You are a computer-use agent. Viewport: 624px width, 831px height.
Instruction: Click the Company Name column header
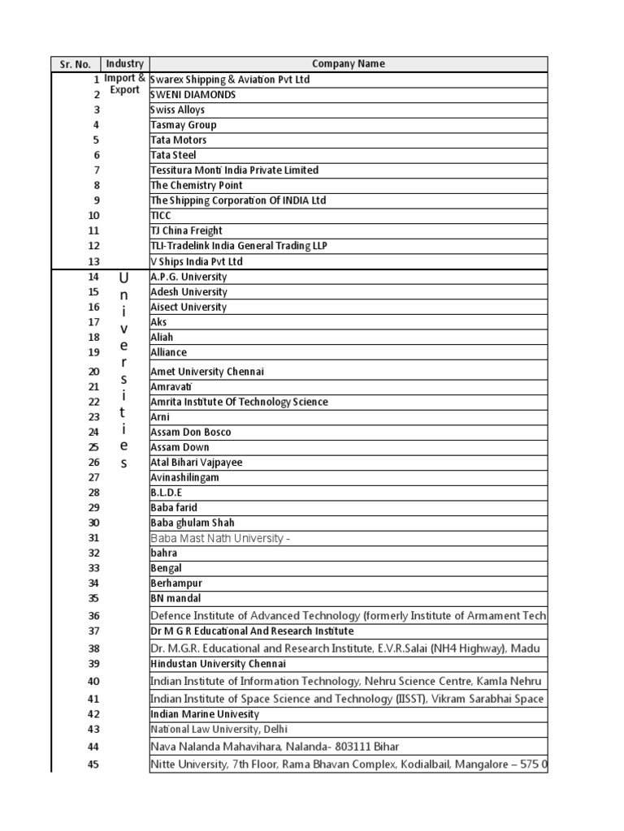click(x=348, y=64)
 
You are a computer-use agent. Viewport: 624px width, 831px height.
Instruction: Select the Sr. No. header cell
click(x=76, y=64)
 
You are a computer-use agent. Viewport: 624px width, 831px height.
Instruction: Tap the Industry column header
click(x=124, y=64)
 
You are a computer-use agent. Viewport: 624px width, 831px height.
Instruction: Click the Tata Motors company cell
click(x=179, y=140)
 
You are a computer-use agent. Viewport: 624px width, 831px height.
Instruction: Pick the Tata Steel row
click(x=174, y=155)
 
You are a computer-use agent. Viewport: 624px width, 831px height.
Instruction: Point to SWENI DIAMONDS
click(x=193, y=95)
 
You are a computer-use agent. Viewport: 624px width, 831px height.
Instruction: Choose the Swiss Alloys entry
click(x=178, y=110)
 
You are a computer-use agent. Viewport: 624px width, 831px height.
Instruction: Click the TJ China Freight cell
click(x=187, y=230)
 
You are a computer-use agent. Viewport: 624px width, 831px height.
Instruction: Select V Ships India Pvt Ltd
click(x=197, y=261)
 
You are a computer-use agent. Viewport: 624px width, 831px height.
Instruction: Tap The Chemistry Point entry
click(x=197, y=185)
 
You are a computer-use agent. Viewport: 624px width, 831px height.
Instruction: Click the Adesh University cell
click(x=188, y=292)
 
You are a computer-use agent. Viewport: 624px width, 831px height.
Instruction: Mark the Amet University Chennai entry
click(x=207, y=372)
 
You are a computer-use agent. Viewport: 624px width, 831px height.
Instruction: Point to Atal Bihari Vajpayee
click(x=197, y=463)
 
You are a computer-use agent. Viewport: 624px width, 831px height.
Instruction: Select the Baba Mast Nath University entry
click(x=219, y=539)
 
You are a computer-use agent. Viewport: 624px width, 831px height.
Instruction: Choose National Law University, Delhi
click(x=219, y=730)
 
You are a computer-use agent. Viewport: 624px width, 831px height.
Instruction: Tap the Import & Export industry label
click(x=124, y=84)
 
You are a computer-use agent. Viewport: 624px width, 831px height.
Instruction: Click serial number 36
click(x=93, y=616)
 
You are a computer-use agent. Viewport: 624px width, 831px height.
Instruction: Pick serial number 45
click(x=93, y=764)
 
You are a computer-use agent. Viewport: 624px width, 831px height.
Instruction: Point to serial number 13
click(x=93, y=261)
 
